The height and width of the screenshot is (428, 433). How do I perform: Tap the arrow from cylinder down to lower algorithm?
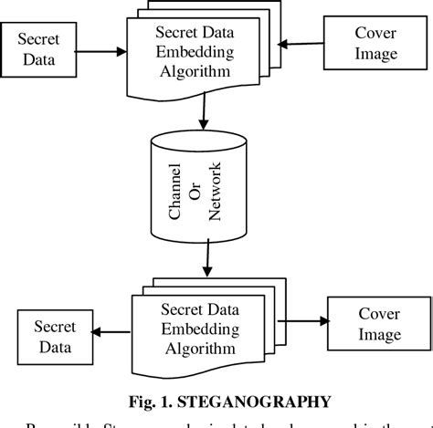208,263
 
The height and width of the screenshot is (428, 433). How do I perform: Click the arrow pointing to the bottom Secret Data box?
115,333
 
